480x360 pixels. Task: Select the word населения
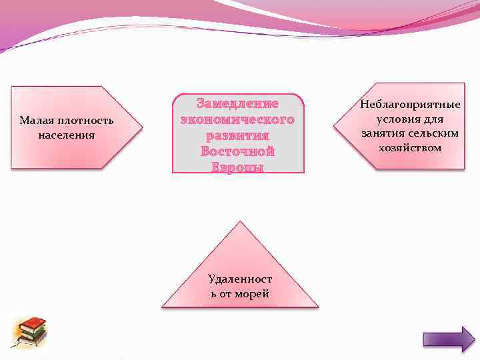tap(67, 135)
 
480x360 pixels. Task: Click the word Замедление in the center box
tap(237, 104)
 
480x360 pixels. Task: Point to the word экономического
tap(237, 120)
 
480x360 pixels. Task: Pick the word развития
tap(237, 136)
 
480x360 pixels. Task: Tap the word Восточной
tap(237, 152)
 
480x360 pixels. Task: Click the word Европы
tap(237, 167)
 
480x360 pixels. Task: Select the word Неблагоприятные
tap(410, 105)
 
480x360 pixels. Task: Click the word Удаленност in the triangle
tap(239, 279)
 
